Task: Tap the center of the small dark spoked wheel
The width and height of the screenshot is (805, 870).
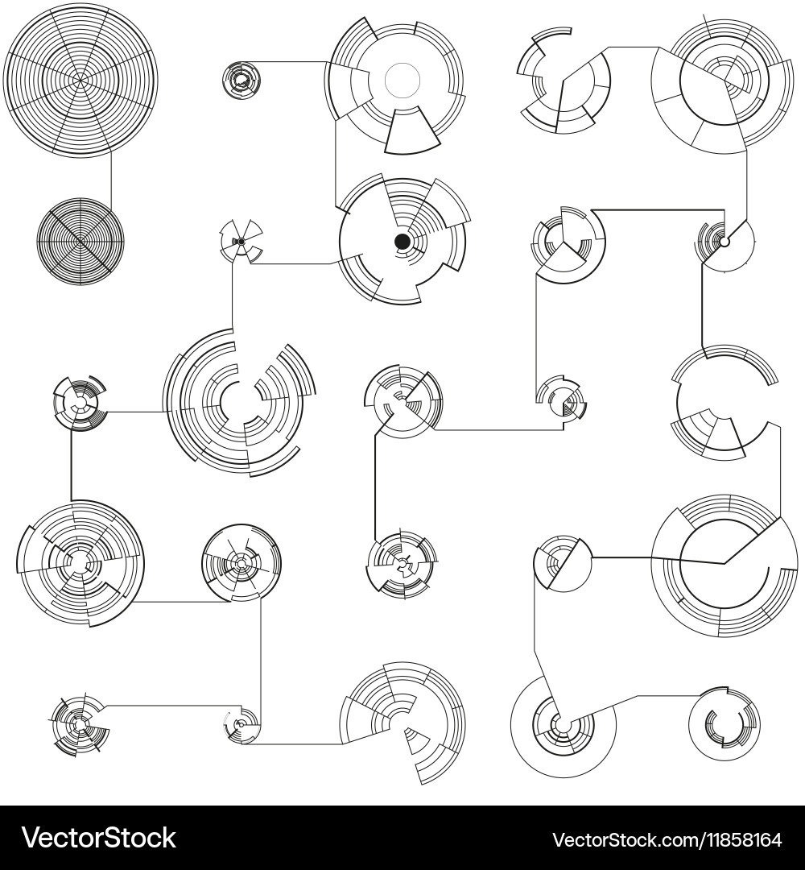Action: (x=80, y=241)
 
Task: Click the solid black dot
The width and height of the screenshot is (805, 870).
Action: (x=402, y=241)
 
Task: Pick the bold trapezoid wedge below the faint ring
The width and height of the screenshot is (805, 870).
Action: (x=412, y=132)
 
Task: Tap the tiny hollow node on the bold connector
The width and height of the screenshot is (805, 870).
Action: (x=724, y=242)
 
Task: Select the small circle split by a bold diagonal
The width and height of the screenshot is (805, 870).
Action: (x=563, y=561)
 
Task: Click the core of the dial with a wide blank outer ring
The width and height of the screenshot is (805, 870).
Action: (x=563, y=725)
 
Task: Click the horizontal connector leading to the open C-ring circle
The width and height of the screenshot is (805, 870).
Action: (x=668, y=696)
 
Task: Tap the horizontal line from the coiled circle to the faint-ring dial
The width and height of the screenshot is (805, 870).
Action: (x=290, y=61)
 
